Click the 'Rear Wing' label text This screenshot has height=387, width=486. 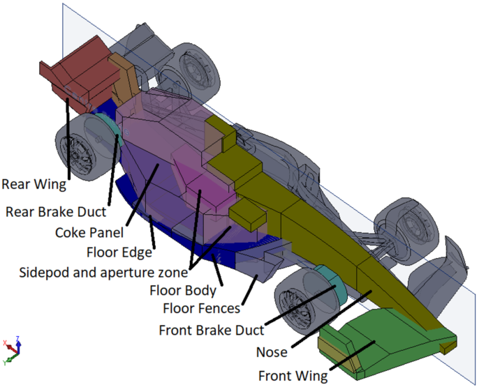click(x=34, y=185)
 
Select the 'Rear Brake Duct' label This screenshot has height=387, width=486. click(x=56, y=211)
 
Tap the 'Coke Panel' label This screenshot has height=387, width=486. click(x=89, y=232)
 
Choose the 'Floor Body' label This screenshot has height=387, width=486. click(x=184, y=290)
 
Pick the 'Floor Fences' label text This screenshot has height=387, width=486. click(x=201, y=308)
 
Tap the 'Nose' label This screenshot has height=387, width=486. click(x=272, y=353)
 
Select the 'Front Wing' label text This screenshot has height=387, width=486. click(x=293, y=376)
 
